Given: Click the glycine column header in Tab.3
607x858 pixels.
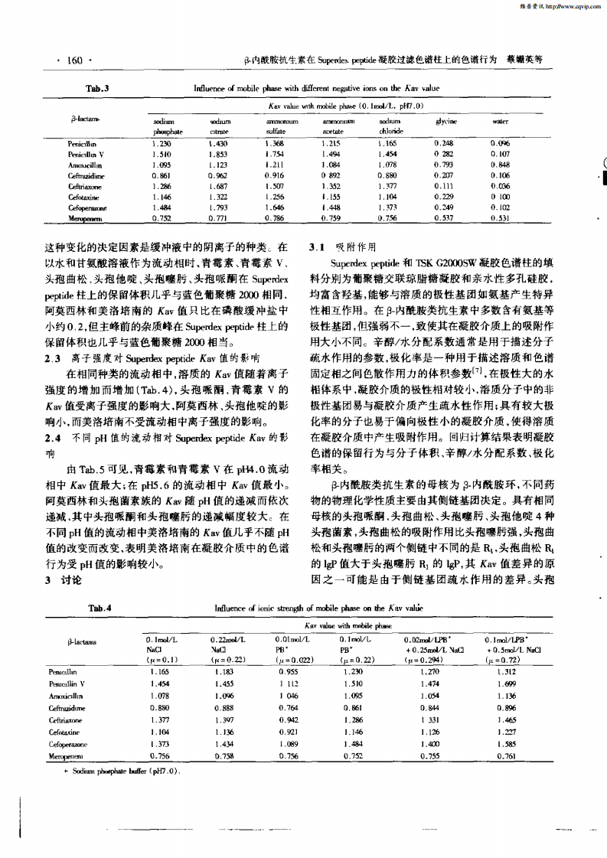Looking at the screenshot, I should [x=446, y=122].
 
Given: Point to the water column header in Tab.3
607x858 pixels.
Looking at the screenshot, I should [x=501, y=122].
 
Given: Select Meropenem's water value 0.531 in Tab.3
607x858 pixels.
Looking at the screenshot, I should [x=501, y=217].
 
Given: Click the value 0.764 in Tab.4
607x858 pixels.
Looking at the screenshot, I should [x=288, y=708].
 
